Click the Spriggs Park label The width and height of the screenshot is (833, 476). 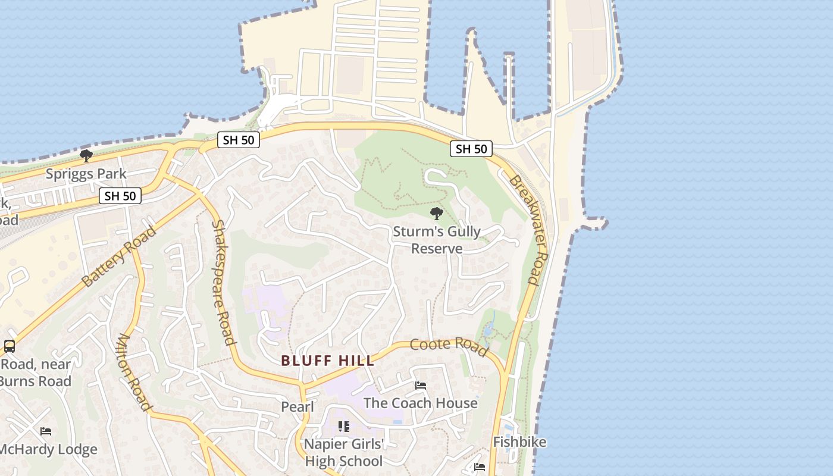pos(86,174)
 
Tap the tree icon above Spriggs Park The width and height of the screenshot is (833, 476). pos(86,156)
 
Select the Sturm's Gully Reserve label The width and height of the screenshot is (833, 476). pos(437,240)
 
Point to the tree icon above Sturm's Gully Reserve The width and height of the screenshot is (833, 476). pos(437,214)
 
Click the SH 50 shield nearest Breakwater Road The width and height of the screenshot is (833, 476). pos(471,149)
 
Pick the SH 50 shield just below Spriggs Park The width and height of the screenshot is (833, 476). pos(120,196)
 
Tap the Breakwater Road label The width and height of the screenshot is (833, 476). pos(525,230)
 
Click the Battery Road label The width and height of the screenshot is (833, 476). pos(119,256)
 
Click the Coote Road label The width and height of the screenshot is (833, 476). pos(449,346)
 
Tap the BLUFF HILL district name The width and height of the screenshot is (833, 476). pos(328,361)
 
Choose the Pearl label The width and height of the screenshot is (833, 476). pos(297,407)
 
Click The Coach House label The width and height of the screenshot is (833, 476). pos(420,403)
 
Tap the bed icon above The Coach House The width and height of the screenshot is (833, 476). pos(420,386)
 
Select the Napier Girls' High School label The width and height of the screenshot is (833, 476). pos(344,452)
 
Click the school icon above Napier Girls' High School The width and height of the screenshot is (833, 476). pos(344,427)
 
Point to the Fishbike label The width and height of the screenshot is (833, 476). pos(519,442)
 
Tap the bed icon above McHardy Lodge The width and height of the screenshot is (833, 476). pos(46,431)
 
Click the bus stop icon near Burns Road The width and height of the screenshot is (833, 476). pos(10,346)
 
